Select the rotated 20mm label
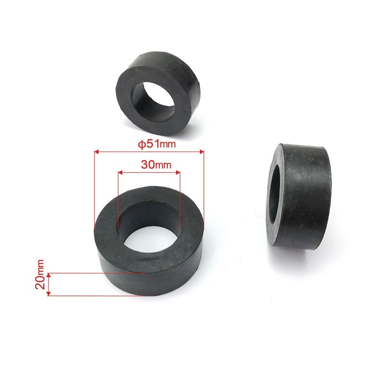tap(41, 275)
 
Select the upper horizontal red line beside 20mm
tap(96, 273)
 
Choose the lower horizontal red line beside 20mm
tap(96, 296)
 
